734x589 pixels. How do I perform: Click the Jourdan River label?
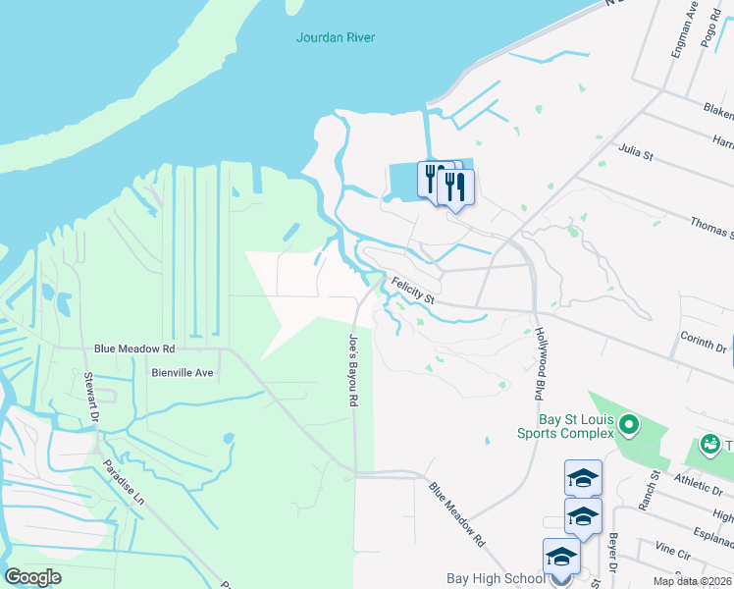coord(336,37)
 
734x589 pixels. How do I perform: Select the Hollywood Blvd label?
coord(539,364)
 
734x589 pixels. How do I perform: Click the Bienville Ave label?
coord(183,373)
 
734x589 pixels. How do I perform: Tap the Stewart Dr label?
coord(91,395)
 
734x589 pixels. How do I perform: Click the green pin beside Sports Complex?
coord(629,425)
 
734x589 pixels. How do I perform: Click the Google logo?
coord(34,576)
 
